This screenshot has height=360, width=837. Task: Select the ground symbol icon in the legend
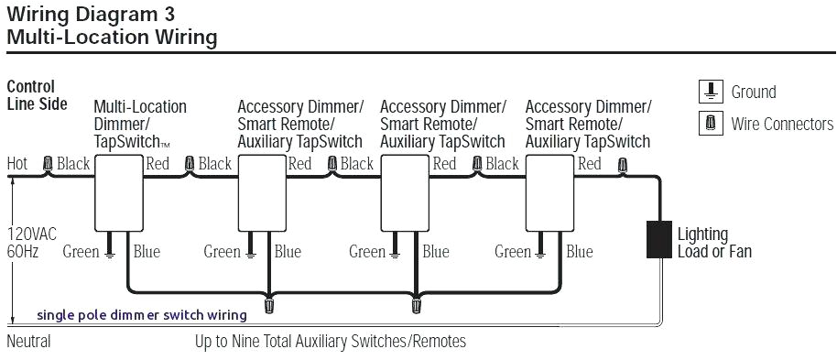click(711, 92)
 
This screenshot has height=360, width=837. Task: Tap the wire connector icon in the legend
click(711, 123)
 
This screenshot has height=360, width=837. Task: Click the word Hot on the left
click(17, 164)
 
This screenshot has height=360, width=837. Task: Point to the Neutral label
click(28, 342)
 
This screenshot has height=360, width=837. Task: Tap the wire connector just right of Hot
click(48, 165)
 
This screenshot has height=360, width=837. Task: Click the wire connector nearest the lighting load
click(623, 166)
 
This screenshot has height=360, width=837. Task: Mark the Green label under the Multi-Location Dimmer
click(82, 252)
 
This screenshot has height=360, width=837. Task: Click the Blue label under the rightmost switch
click(580, 252)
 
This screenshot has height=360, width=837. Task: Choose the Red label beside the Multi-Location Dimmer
click(158, 164)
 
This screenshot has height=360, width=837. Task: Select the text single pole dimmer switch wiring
click(141, 315)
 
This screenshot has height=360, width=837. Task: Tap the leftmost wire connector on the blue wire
click(269, 300)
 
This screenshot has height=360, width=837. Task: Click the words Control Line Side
click(37, 95)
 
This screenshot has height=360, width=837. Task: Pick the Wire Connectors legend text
click(782, 124)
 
